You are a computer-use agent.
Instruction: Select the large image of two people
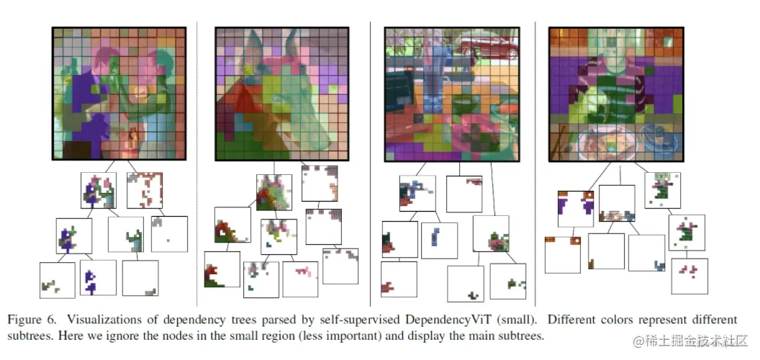coord(119,93)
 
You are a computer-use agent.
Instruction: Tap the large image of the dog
coord(281,93)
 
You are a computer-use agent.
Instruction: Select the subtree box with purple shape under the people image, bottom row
coord(98,278)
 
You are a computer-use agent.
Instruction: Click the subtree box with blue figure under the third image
coord(439,240)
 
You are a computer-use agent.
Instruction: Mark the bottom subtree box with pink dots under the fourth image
coord(689,276)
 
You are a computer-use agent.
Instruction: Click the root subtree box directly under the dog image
coord(273,192)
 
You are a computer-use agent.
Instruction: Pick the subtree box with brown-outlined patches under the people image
coord(145,190)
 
